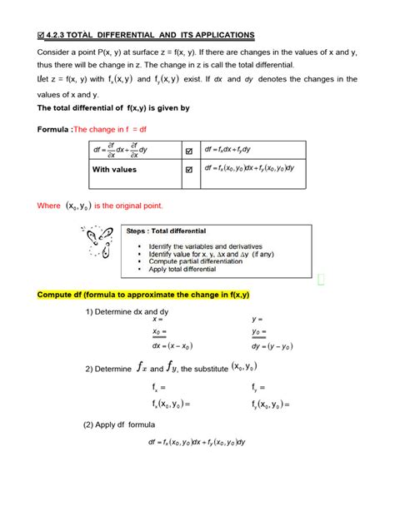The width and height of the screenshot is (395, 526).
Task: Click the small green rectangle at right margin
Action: point(321,279)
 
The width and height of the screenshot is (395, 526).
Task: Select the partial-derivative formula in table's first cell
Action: point(122,150)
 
